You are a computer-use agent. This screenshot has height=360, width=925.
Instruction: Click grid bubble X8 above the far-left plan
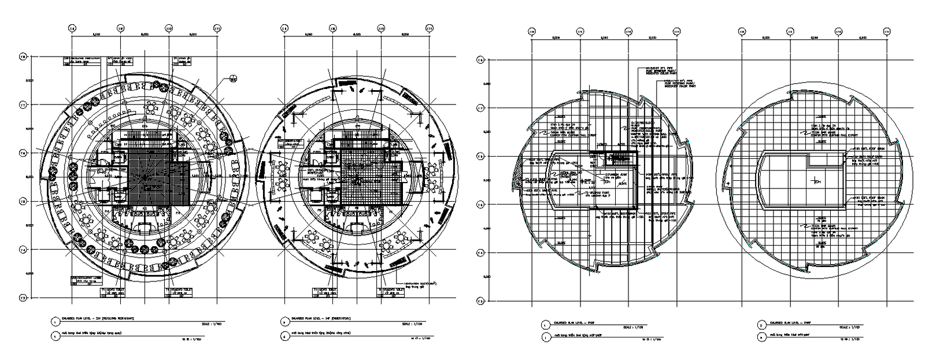coord(72,28)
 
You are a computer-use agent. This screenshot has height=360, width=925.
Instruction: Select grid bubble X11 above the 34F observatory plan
coord(428,28)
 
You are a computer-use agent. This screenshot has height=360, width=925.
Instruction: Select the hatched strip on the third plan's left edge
coord(516,173)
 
